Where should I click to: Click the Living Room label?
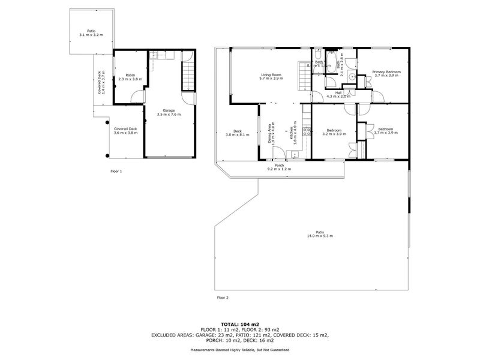[271, 76]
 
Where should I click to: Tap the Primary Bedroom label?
[386, 74]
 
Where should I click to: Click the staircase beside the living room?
[303, 76]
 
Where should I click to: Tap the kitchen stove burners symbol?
[306, 131]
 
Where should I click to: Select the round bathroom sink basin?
[352, 76]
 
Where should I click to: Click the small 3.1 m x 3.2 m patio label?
[91, 32]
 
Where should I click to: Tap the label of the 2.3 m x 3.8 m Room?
[130, 77]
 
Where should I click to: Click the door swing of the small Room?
[139, 97]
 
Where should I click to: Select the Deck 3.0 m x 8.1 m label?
[237, 133]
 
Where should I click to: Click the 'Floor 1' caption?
[116, 172]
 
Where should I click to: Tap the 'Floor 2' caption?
[222, 297]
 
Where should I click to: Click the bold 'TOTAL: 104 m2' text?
[240, 323]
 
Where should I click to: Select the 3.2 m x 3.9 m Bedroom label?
[334, 133]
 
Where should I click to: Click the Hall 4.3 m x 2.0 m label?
[338, 95]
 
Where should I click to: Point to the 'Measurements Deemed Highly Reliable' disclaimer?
[240, 350]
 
